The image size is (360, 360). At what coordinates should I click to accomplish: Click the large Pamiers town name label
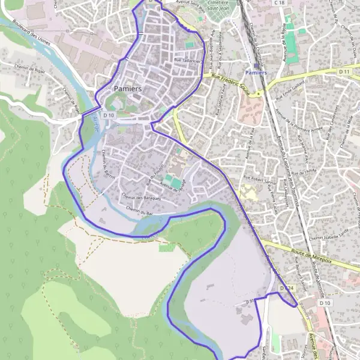point(127,89)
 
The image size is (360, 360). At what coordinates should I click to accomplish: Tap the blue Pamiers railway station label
point(256,73)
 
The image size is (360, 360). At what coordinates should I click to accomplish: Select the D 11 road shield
point(344,72)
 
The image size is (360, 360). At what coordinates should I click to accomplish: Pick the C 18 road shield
point(278,3)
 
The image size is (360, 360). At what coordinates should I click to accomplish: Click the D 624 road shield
point(288,289)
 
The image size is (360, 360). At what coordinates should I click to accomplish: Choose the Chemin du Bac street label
point(140,211)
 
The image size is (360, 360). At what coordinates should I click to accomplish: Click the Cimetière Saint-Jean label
point(216,5)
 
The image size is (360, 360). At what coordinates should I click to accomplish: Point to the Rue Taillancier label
point(187,60)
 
